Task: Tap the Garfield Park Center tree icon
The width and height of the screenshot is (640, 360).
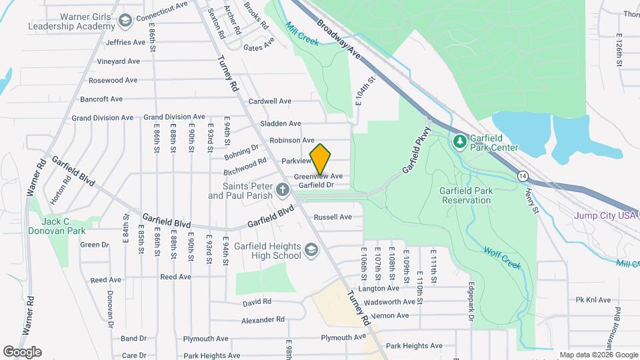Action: point(459,141)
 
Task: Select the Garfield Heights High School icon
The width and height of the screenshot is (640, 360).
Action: point(311,251)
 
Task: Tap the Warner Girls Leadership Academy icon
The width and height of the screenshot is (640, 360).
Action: point(125,22)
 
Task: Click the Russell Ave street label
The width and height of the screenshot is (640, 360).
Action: point(332,217)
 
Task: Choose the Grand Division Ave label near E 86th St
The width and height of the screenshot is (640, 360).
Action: point(175,117)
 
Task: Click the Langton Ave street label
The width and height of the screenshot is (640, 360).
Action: point(379,289)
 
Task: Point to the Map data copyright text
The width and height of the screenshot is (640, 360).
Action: point(599,355)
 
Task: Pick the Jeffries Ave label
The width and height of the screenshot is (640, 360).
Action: point(125,42)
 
